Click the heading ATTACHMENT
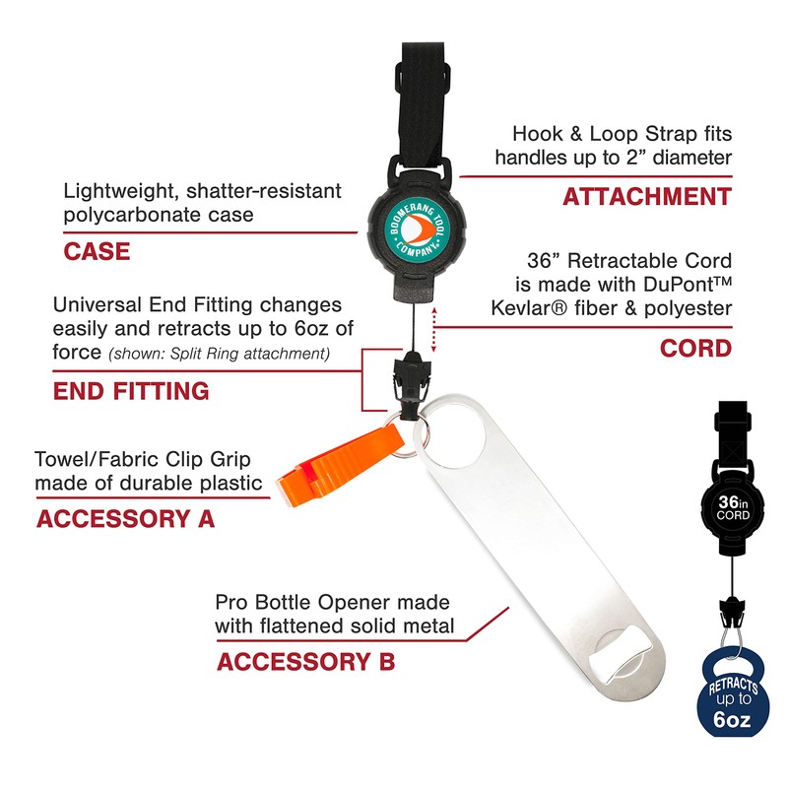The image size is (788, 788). tap(646, 197)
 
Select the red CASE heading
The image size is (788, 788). tap(97, 251)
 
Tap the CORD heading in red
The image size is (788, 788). tap(695, 348)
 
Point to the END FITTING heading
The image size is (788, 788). tap(130, 391)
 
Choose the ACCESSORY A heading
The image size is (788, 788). tap(125, 518)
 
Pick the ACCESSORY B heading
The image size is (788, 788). tap(305, 661)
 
